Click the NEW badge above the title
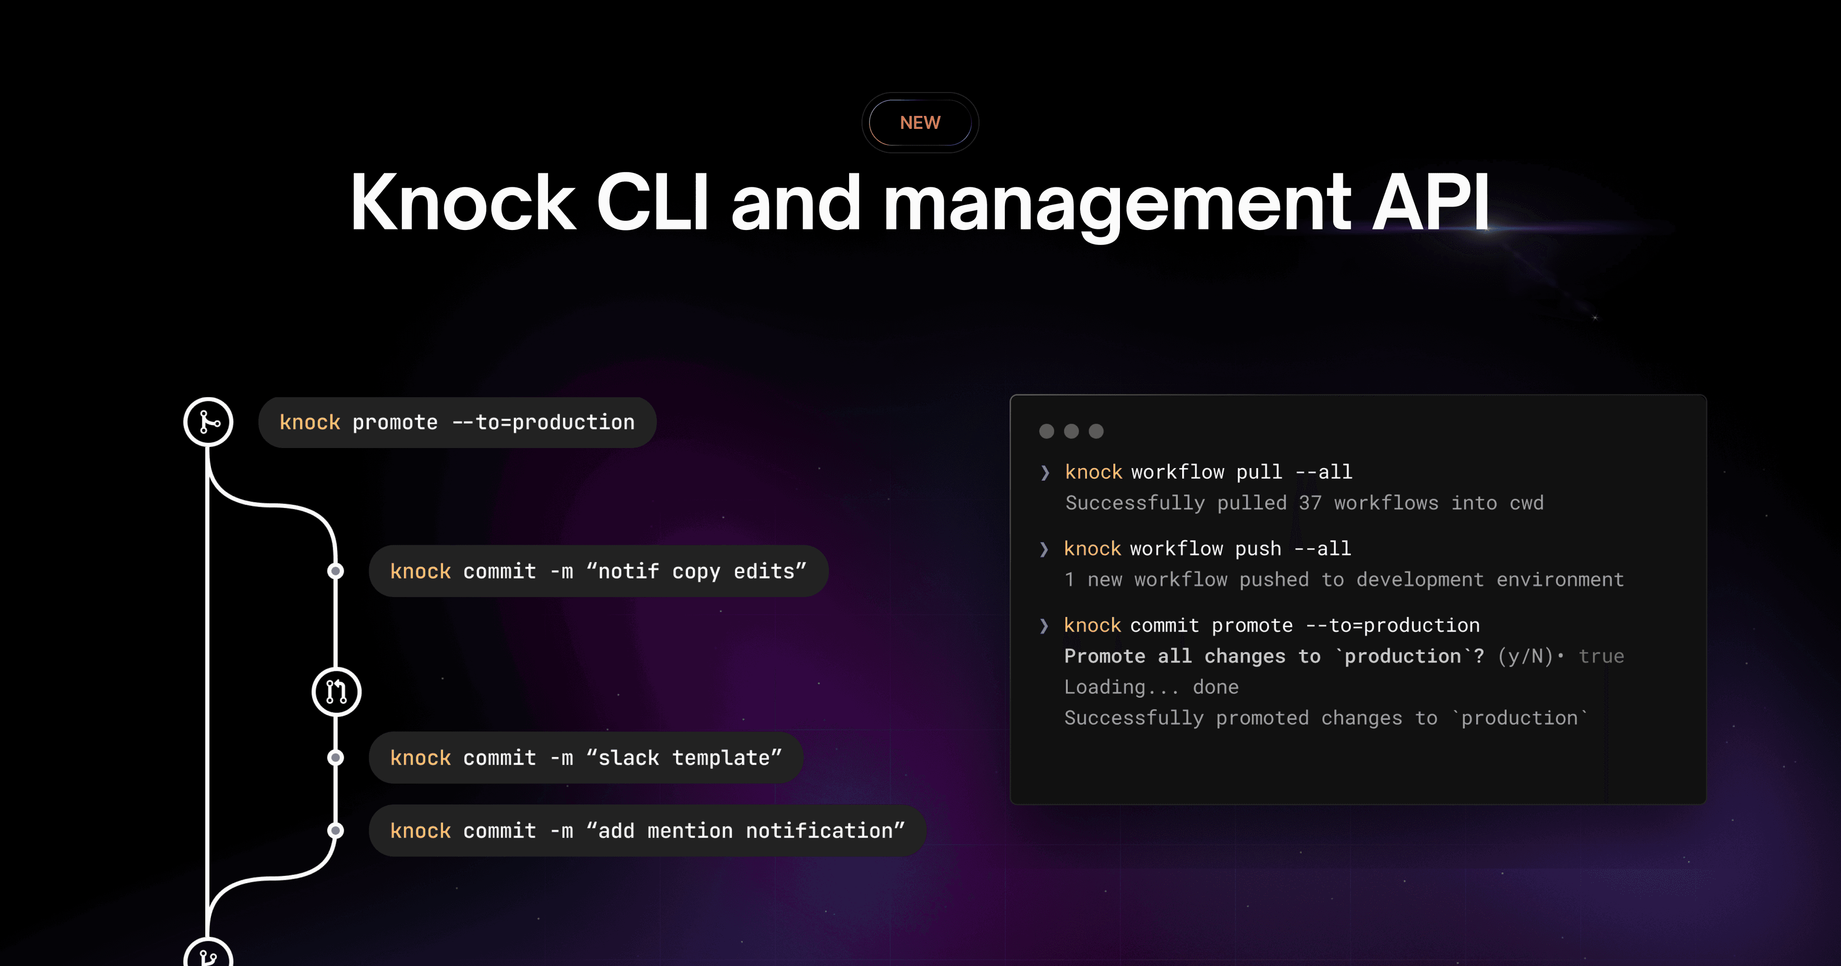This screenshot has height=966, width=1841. (x=920, y=123)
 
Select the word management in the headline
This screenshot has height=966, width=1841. (x=1117, y=207)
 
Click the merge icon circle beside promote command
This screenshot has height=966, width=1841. (x=208, y=422)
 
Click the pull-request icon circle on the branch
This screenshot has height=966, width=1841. (x=336, y=691)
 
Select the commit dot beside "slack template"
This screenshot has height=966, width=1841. (x=335, y=758)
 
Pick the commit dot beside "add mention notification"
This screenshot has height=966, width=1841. (x=335, y=830)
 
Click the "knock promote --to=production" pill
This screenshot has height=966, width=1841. (x=457, y=422)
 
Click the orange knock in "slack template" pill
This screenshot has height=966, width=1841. (x=420, y=758)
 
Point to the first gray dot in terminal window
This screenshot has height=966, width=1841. (x=1046, y=431)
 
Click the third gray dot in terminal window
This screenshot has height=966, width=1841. (x=1095, y=431)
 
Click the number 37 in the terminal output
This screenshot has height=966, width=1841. (x=1310, y=503)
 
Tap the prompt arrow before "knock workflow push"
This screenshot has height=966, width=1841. (x=1044, y=549)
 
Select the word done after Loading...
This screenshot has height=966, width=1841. (x=1216, y=687)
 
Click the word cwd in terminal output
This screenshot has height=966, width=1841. (x=1526, y=503)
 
